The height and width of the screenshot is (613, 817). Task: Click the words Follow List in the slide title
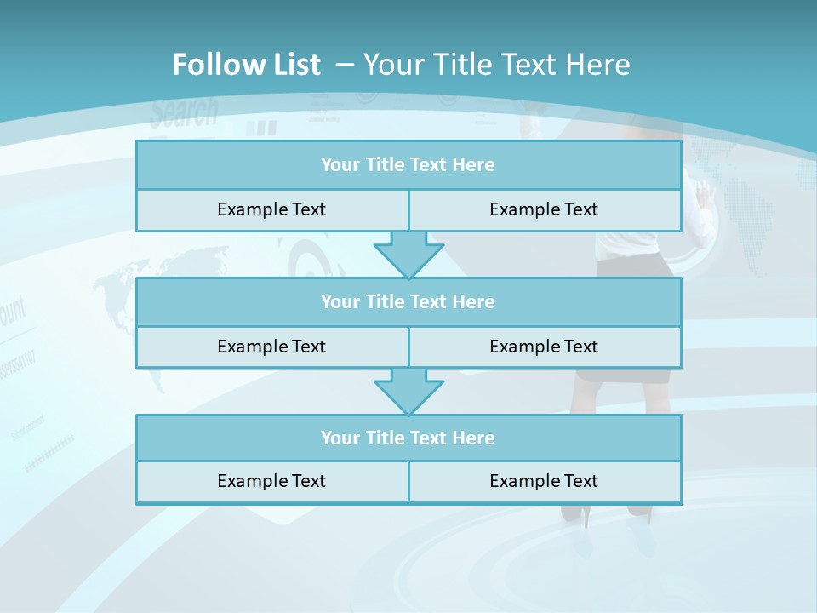[x=246, y=65]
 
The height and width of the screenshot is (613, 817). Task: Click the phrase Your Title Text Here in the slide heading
[x=496, y=65]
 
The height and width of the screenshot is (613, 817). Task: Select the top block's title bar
[x=408, y=165]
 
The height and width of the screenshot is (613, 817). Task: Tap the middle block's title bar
[x=408, y=301]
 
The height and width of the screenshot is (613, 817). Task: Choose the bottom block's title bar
[x=408, y=438]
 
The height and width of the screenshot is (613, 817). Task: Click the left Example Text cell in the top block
[x=271, y=209]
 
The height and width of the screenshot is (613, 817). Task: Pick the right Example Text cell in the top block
[x=544, y=209]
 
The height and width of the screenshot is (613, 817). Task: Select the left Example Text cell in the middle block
[x=271, y=347]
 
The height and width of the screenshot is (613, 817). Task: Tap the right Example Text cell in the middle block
[x=544, y=347]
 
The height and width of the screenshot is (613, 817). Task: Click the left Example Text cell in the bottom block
[x=271, y=481]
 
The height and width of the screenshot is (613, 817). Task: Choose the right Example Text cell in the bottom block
[x=544, y=481]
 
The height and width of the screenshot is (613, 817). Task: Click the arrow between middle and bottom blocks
[x=408, y=391]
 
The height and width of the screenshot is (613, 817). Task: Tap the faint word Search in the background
[x=184, y=112]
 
